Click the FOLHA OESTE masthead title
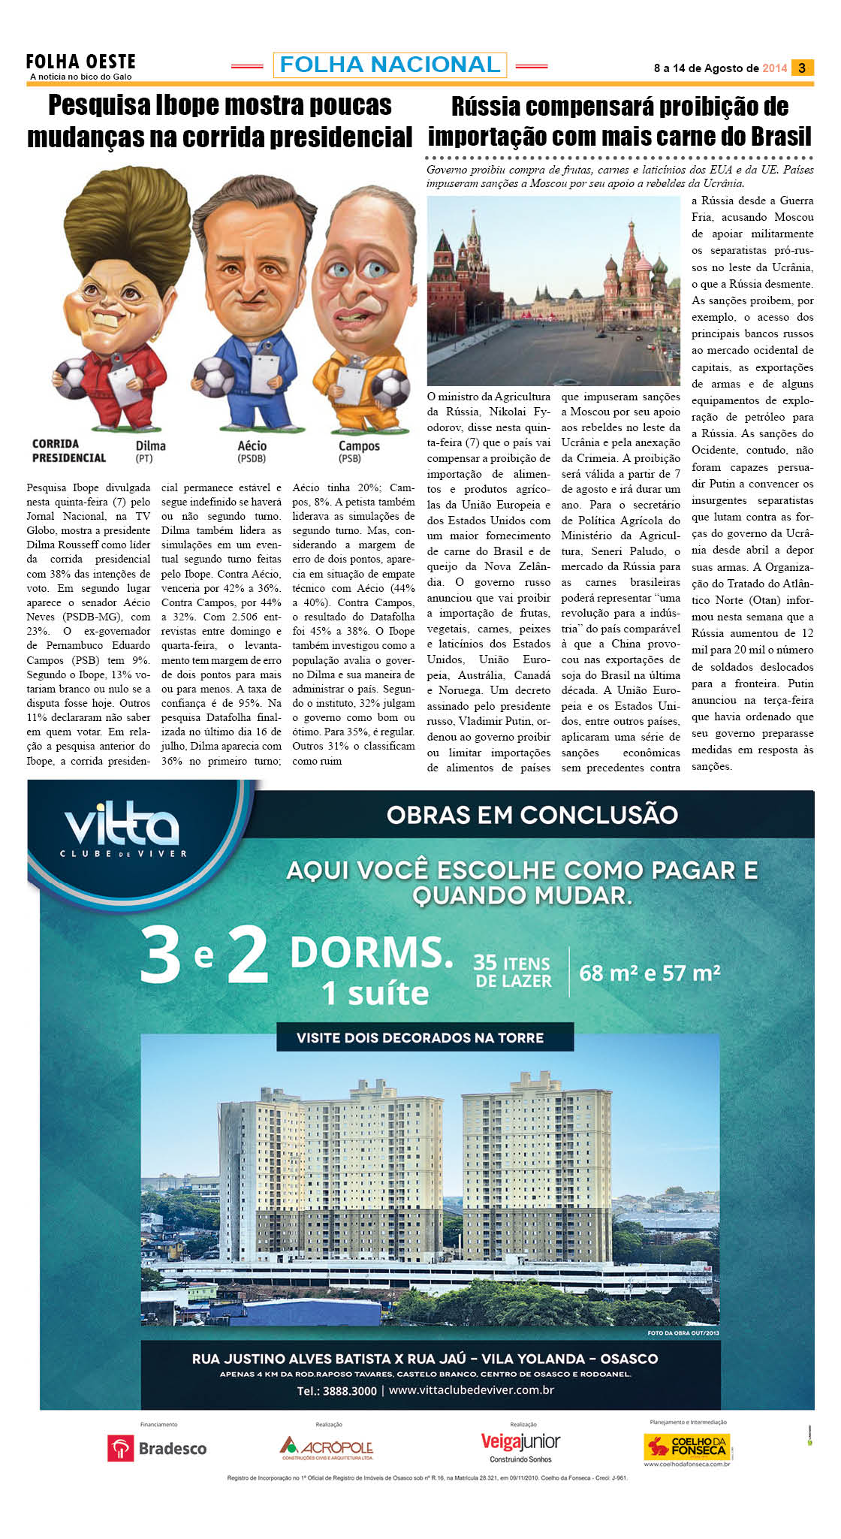[80, 61]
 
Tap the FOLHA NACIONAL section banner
[390, 65]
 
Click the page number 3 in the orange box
[802, 68]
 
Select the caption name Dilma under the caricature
[150, 445]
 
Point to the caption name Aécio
[252, 445]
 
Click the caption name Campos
[359, 445]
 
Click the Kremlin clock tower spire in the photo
[473, 233]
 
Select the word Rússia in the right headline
[489, 107]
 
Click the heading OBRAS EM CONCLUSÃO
[532, 814]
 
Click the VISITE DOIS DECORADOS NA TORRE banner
[420, 1037]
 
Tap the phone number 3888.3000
[349, 1390]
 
